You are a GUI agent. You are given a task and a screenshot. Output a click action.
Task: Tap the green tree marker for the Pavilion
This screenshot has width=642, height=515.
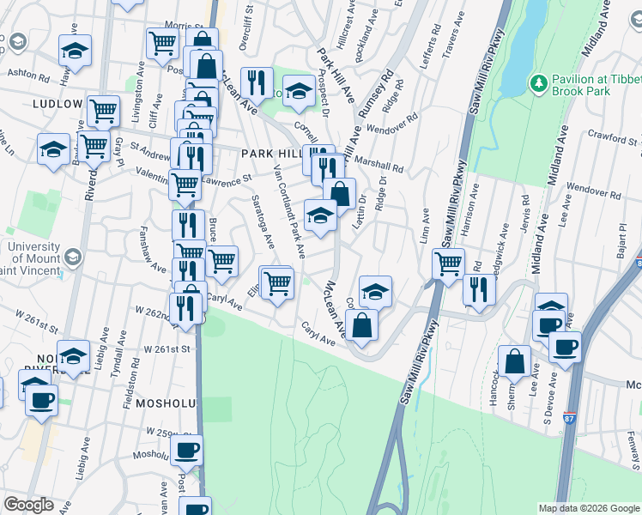pos(539,83)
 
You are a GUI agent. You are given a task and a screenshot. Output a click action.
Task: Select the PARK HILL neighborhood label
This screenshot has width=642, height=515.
pos(271,152)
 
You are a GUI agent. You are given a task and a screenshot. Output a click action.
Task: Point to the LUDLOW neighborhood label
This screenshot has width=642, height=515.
pos(57,104)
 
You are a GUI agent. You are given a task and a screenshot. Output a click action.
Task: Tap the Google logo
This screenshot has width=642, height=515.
pos(28,505)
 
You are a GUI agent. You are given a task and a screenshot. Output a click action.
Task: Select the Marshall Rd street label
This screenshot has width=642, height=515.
pos(379,167)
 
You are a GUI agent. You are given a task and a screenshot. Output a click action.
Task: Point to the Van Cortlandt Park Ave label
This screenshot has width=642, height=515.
pos(288,209)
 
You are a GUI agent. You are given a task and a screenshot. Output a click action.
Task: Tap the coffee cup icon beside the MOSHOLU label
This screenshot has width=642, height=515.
pos(186,449)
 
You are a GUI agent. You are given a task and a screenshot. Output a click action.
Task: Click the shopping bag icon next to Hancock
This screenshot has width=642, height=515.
pos(515,362)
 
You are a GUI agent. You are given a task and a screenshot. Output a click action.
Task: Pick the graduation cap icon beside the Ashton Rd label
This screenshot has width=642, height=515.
pos(76,50)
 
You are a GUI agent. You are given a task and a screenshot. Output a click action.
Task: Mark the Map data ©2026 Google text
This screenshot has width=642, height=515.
pos(589,508)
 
